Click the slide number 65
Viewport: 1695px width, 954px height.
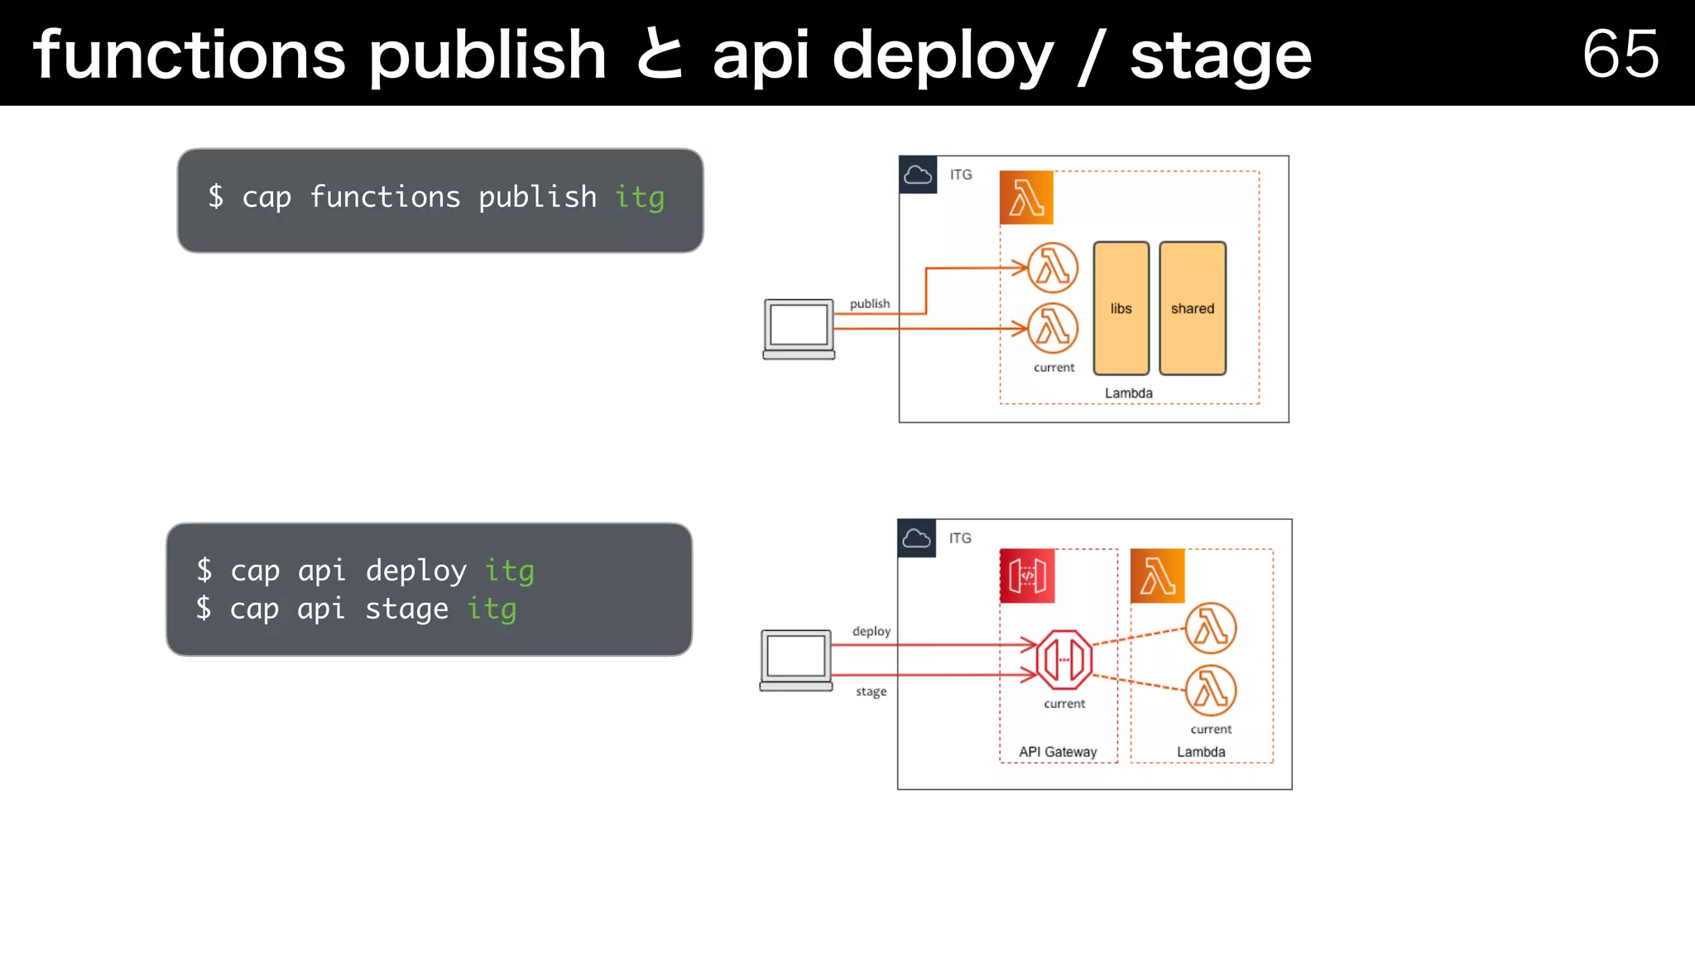click(x=1620, y=54)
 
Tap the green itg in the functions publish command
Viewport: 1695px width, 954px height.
click(x=639, y=198)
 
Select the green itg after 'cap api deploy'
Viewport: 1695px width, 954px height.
click(x=509, y=571)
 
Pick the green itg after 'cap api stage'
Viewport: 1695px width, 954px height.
click(x=492, y=609)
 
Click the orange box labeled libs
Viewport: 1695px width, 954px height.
click(x=1121, y=308)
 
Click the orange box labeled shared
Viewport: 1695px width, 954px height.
click(x=1192, y=308)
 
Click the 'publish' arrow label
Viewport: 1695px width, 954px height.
click(x=869, y=304)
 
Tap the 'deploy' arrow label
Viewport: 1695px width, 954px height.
click(x=871, y=631)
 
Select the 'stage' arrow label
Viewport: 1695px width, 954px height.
click(x=871, y=691)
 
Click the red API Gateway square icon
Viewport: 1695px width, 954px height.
click(x=1026, y=576)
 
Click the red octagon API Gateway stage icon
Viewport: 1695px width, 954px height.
click(x=1064, y=660)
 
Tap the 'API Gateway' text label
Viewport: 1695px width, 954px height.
click(x=1057, y=752)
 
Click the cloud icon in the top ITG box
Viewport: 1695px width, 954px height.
click(x=918, y=175)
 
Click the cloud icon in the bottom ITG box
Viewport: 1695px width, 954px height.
click(x=916, y=538)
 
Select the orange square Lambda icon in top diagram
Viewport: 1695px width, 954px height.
click(x=1026, y=198)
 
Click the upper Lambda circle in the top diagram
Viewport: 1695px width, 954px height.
click(x=1053, y=267)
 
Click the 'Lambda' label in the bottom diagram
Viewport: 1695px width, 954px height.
click(x=1201, y=752)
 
